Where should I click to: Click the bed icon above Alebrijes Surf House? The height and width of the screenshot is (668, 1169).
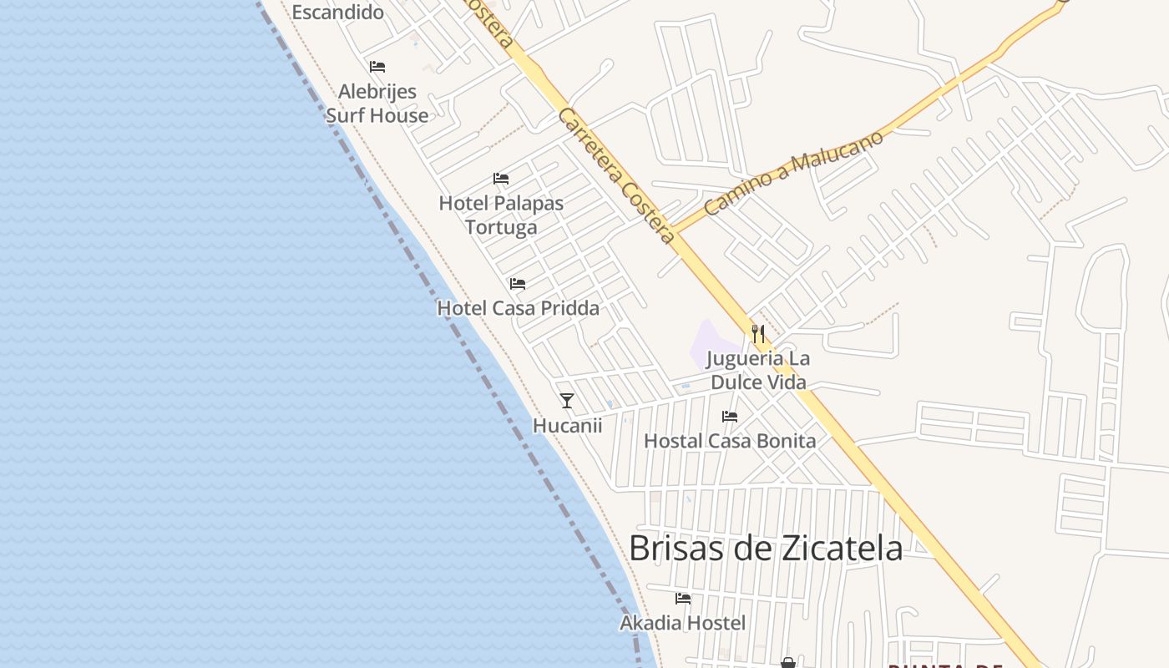tap(377, 67)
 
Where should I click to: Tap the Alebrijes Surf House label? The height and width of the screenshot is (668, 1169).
tap(377, 104)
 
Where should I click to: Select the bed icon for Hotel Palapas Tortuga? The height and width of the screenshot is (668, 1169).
tap(501, 179)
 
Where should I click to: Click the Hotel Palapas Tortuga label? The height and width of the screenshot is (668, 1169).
tap(501, 215)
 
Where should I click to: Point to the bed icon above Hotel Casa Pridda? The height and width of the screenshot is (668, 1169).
tap(518, 284)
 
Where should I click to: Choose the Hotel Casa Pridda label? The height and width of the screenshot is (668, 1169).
tap(519, 308)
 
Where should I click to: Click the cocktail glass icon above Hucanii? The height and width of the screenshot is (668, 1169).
tap(567, 401)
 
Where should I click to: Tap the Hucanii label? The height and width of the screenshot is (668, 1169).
tap(567, 425)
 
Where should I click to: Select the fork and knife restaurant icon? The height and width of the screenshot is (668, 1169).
tap(758, 334)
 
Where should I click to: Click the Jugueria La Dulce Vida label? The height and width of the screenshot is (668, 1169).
tap(758, 370)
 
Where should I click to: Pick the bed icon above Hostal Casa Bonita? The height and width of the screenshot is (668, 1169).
tap(730, 417)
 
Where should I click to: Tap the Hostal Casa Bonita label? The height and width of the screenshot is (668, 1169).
tap(730, 440)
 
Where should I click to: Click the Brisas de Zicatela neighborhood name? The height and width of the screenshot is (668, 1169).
tap(766, 549)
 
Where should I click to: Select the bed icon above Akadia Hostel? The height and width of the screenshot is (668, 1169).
tap(683, 599)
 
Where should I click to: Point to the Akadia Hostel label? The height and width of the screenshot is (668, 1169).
tap(683, 623)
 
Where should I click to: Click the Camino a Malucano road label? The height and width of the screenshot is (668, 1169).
tap(793, 173)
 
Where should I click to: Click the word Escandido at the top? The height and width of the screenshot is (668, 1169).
tap(337, 12)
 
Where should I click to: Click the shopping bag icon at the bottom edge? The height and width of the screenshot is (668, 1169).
tap(787, 663)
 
